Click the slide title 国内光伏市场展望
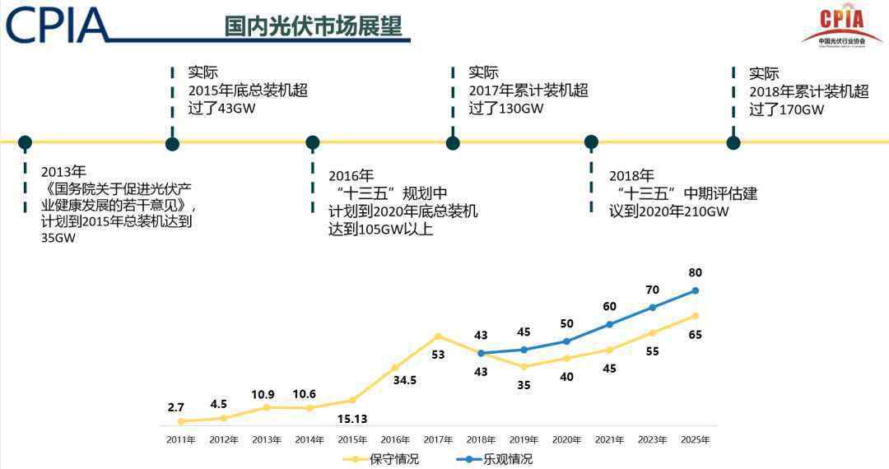313,26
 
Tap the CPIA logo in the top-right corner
841,26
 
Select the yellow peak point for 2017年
438,336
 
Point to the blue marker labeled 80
695,290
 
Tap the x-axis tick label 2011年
181,439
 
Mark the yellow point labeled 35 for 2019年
524,366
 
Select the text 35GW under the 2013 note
58,239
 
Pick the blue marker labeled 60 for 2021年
609,324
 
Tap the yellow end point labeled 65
695,316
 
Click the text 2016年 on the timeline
351,175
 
